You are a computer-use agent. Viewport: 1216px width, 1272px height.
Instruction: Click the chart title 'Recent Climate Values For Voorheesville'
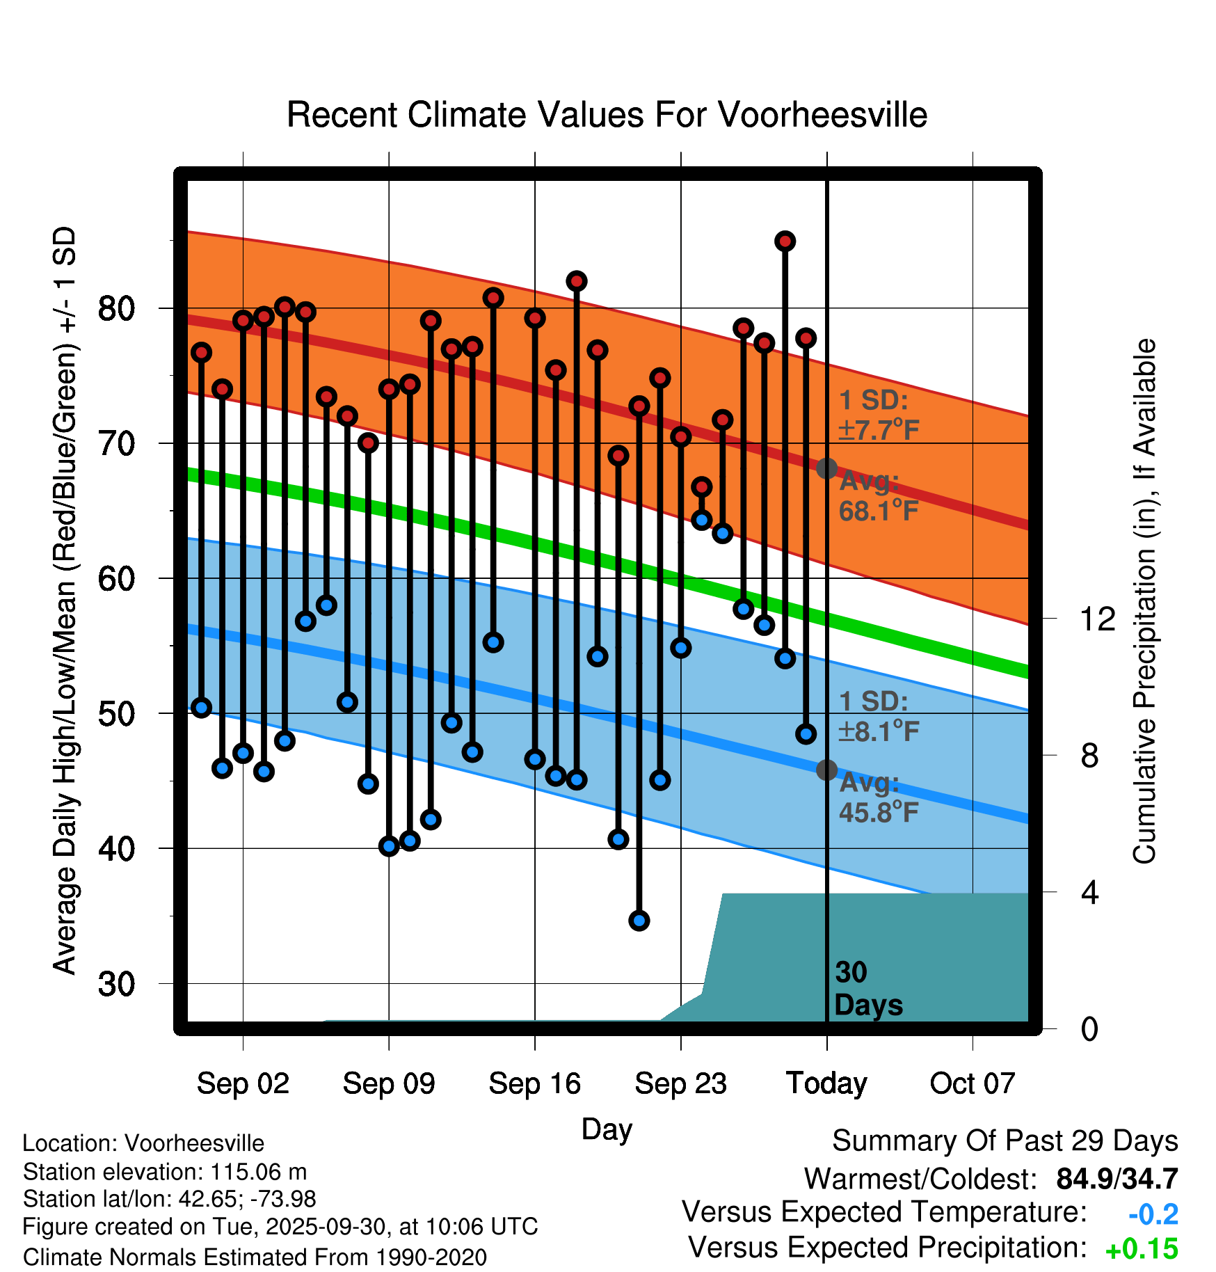click(x=607, y=115)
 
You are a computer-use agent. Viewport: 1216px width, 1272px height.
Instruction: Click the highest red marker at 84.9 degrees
click(x=785, y=241)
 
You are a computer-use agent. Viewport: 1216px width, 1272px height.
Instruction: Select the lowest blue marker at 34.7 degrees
click(x=639, y=921)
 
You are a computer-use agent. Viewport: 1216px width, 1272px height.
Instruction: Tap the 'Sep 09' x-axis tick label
click(x=388, y=1083)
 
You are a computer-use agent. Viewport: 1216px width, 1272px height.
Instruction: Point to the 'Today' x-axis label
click(x=826, y=1083)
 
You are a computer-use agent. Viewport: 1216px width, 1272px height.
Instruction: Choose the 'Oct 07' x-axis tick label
click(x=973, y=1083)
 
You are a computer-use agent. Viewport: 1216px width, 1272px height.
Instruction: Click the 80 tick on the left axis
click(x=116, y=308)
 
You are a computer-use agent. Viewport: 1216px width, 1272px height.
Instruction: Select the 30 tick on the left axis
click(x=116, y=984)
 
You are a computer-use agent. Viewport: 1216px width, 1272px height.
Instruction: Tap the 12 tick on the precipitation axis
click(x=1097, y=619)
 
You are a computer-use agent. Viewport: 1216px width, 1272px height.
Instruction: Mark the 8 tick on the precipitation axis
click(x=1089, y=756)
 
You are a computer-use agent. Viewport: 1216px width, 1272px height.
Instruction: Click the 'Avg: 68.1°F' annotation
click(x=878, y=496)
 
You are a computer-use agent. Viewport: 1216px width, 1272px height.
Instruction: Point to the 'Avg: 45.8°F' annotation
click(x=878, y=797)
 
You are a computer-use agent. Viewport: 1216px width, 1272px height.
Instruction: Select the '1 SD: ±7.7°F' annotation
click(x=879, y=415)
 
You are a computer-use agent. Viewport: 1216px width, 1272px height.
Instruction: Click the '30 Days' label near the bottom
click(x=867, y=989)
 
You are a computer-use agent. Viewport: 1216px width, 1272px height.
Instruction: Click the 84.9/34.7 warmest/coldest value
click(x=1117, y=1179)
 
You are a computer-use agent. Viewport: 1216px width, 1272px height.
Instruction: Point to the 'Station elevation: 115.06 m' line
click(x=165, y=1172)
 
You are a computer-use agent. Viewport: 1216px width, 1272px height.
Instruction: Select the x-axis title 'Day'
click(x=607, y=1129)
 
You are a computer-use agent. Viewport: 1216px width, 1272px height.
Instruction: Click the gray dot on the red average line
click(x=826, y=468)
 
